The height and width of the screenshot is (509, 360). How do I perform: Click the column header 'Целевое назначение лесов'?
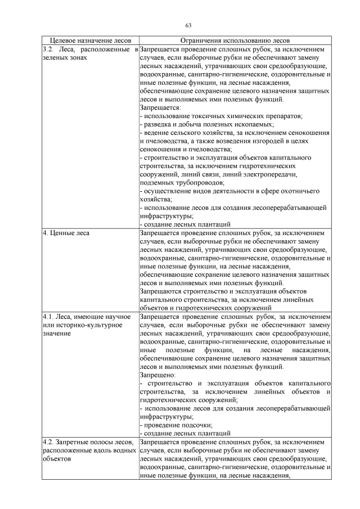[90, 41]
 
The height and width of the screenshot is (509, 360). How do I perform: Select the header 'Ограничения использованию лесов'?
[235, 41]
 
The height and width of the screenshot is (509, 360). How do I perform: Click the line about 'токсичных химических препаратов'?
[222, 116]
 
